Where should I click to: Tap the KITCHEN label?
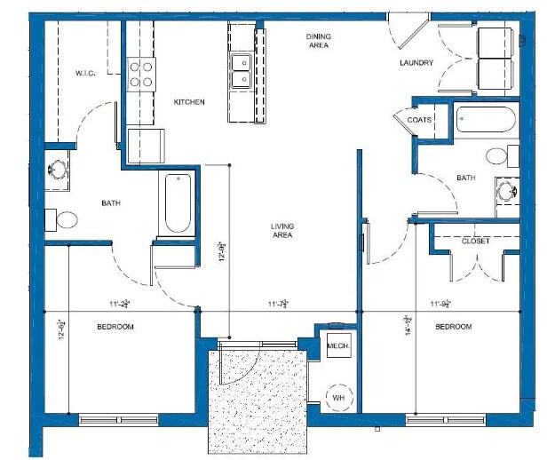[x=188, y=102]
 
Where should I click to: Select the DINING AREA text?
[x=318, y=40]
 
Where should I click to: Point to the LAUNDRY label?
[x=416, y=63]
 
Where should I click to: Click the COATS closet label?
[x=419, y=120]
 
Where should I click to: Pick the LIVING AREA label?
[x=282, y=231]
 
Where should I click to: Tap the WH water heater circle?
[x=337, y=398]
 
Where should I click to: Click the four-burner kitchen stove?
[x=139, y=74]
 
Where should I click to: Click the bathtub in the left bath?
[x=178, y=203]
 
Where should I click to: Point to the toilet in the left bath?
[x=67, y=218]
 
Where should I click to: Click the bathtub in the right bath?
[x=486, y=120]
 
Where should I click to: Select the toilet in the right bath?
[x=498, y=155]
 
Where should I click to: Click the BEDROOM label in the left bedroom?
[x=115, y=328]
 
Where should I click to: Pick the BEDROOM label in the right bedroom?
[x=453, y=328]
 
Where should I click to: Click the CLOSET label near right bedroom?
[x=475, y=241]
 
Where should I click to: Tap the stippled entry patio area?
[x=258, y=400]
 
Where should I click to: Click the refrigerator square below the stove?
[x=146, y=145]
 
